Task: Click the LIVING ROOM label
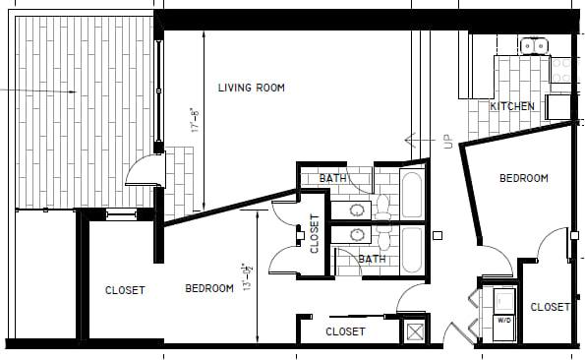point(252,88)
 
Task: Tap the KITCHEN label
point(512,105)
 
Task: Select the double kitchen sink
point(535,44)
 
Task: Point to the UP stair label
point(448,143)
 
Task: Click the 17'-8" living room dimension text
point(196,121)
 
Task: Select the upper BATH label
point(333,178)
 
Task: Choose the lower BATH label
point(372,260)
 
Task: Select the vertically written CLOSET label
point(315,234)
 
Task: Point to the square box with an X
point(415,330)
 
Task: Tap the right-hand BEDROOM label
point(523,178)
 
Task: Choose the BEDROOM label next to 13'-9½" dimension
point(209,288)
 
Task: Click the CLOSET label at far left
point(125,290)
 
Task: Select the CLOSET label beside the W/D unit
point(550,307)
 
